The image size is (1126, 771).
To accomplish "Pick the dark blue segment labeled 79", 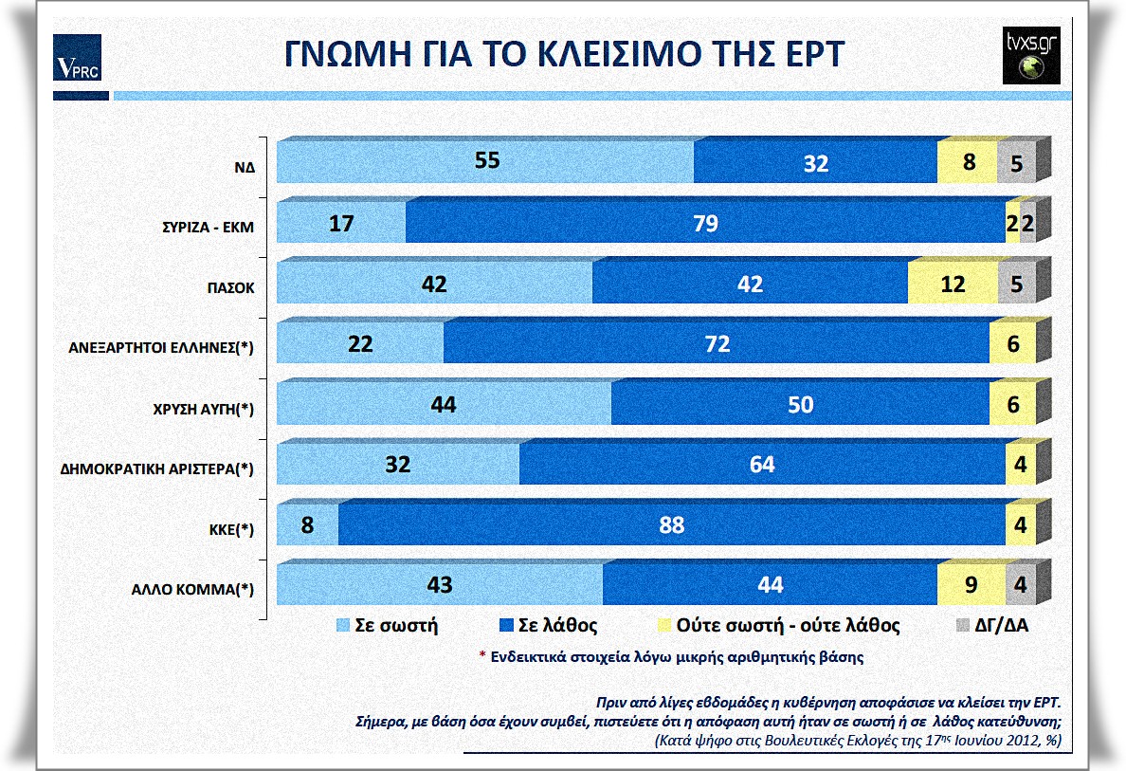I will pos(704,224).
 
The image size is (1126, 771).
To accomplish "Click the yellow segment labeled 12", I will pos(953,285).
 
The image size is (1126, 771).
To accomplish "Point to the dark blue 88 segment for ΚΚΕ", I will pos(671,525).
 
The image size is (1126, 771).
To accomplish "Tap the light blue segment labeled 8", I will pos(307,525).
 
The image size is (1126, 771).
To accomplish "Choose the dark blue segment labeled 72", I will pos(717,345).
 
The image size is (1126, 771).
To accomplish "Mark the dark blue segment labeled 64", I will pos(761,465).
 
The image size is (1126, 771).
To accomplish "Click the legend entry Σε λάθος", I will pos(543,626).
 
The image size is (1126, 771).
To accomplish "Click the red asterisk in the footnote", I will pos(481,655).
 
